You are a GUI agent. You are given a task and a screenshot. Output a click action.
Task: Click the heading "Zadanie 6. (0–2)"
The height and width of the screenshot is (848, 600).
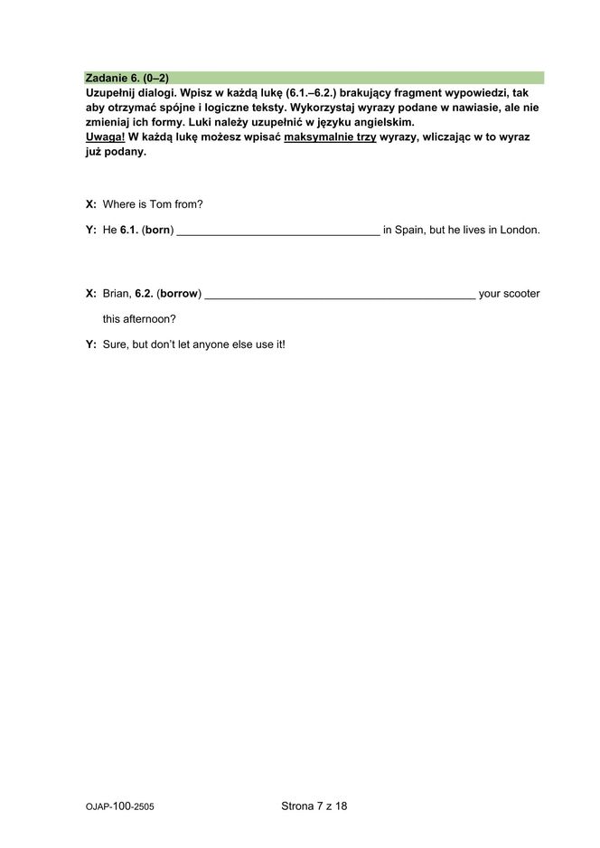tap(127, 78)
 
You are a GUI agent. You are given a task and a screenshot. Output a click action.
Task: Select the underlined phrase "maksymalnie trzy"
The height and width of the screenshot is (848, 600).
tap(330, 137)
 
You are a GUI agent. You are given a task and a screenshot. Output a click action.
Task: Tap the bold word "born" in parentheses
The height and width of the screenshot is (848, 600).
tap(158, 230)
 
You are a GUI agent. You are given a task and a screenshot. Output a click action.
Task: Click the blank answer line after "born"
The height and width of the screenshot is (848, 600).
tap(278, 231)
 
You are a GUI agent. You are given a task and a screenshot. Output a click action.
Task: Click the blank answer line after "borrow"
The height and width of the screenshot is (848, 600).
tap(341, 296)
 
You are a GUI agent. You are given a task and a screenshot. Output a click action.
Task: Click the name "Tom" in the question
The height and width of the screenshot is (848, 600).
tap(158, 204)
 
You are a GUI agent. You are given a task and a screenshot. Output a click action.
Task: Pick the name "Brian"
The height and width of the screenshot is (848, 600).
tap(117, 294)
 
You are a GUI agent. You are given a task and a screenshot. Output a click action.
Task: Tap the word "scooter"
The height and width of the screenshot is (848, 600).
tap(521, 294)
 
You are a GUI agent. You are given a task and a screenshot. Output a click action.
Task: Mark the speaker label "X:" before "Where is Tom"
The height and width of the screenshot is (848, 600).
tap(91, 204)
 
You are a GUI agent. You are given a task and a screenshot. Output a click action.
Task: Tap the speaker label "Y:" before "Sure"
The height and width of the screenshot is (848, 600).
tap(91, 344)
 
